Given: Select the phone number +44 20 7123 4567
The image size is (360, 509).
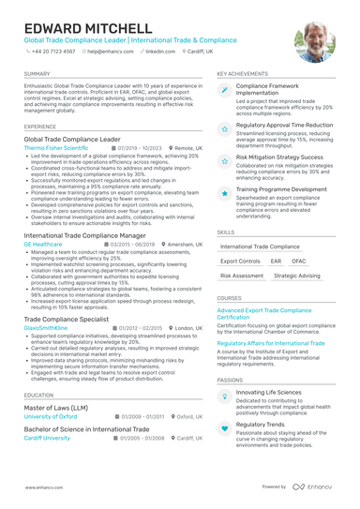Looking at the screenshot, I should pos(54,52).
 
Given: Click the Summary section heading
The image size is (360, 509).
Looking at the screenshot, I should pos(38,73).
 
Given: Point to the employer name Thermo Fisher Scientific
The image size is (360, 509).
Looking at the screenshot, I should pos(56,148).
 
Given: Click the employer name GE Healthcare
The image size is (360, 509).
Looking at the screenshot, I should pos(43,244).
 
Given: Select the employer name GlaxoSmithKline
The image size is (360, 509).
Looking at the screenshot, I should pos(47,328).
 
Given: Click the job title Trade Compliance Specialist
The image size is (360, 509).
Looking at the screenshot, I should pos(69,320).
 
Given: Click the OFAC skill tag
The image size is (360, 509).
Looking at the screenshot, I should pos(299,261).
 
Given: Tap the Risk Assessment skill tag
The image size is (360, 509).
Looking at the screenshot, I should pos(242,277).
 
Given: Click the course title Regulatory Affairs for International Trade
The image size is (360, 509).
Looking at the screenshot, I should pos(272,343).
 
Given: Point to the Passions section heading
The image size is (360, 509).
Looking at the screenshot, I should pos(231,379).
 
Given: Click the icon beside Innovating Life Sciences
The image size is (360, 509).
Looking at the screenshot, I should pos(226,394).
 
